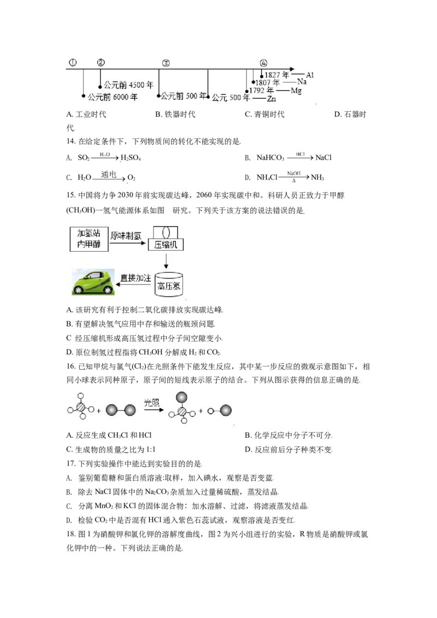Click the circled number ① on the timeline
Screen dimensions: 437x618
pos(73,62)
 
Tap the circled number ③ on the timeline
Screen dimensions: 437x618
pos(166,63)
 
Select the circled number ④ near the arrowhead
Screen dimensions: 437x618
pos(264,63)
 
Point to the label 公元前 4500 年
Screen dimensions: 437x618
pos(129,85)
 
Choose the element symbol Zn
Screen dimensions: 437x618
pos(271,98)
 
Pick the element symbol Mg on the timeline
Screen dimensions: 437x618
pos(296,90)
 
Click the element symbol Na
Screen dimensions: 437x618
pos(302,82)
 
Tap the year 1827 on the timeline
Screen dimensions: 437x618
pos(272,75)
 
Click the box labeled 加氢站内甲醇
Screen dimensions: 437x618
pos(89,239)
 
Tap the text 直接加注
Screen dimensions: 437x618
pos(135,277)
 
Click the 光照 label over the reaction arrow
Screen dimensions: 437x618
pos(151,402)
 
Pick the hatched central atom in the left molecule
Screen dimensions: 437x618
pos(81,407)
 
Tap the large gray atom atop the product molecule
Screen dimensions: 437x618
pos(181,397)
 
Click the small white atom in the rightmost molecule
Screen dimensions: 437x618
pos(211,411)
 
